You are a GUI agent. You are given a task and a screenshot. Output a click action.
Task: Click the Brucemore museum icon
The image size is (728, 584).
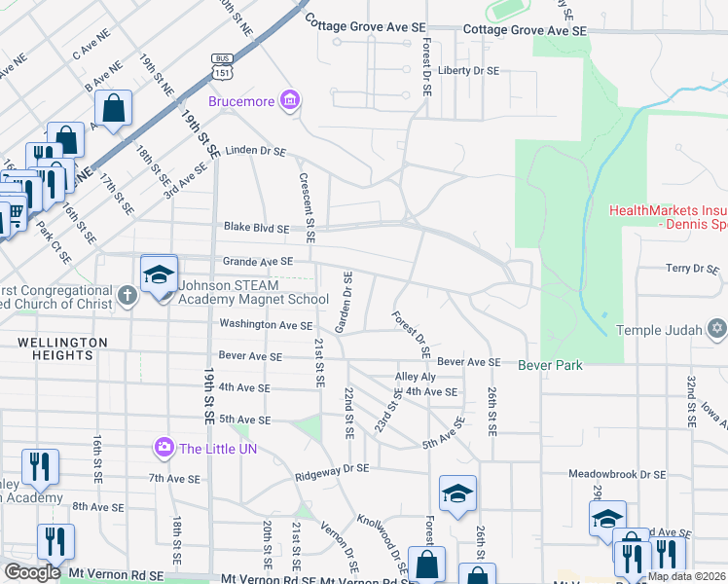tap(289, 99)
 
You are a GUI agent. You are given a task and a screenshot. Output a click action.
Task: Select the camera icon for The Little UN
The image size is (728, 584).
tap(164, 447)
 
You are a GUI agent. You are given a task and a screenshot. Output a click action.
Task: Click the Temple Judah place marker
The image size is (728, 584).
tap(716, 329)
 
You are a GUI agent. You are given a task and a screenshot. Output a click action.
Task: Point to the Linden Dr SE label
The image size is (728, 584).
tap(256, 152)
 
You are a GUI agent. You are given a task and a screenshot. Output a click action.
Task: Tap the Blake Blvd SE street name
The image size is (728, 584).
tap(257, 228)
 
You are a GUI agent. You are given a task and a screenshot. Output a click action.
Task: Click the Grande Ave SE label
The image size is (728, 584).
tap(258, 261)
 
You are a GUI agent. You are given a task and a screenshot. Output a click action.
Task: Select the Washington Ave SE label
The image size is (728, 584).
tap(266, 325)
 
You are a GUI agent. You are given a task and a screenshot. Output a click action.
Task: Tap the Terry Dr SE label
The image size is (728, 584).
tap(691, 268)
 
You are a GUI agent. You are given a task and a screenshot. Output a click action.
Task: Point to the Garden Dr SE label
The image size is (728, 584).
tap(343, 303)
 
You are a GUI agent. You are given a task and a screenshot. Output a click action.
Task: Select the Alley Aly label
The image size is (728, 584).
tap(415, 377)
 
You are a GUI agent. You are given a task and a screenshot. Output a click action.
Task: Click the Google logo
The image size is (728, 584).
tap(32, 571)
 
